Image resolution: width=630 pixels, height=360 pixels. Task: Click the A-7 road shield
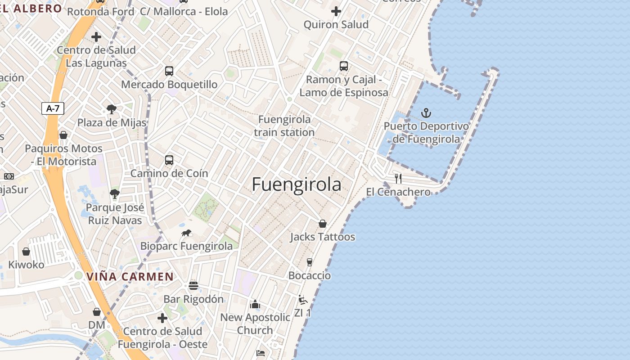tap(53, 108)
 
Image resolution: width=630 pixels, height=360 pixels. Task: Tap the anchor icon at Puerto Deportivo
tap(426, 113)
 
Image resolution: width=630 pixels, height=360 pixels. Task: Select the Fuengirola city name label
tap(297, 184)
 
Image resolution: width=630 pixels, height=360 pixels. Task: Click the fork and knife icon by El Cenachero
tap(398, 178)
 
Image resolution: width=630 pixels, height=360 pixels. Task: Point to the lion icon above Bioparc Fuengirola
tap(186, 233)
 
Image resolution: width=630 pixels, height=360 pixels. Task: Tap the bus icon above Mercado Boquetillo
tap(169, 71)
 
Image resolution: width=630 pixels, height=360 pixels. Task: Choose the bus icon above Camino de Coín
tap(169, 160)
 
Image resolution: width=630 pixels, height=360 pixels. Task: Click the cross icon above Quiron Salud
tap(336, 11)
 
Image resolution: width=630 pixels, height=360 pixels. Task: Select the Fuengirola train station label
tap(284, 126)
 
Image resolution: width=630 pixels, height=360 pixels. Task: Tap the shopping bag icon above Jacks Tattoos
tap(323, 224)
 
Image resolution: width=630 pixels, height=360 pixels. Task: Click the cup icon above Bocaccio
tap(310, 262)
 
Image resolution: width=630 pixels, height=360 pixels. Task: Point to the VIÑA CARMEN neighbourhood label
tap(130, 277)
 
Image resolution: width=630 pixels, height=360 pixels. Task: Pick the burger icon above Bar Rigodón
tap(193, 286)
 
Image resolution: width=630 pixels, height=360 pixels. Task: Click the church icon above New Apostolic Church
tap(255, 304)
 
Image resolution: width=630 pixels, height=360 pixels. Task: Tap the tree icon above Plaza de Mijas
tap(112, 109)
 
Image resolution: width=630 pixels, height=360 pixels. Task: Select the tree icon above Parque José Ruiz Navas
tap(115, 194)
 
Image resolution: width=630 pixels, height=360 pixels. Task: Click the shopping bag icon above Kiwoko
tap(26, 252)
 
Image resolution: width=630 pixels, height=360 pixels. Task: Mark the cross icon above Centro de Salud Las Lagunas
tap(96, 37)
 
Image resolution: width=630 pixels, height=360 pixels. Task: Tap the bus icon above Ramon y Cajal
tap(344, 66)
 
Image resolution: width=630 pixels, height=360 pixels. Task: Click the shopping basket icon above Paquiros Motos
tap(63, 135)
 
